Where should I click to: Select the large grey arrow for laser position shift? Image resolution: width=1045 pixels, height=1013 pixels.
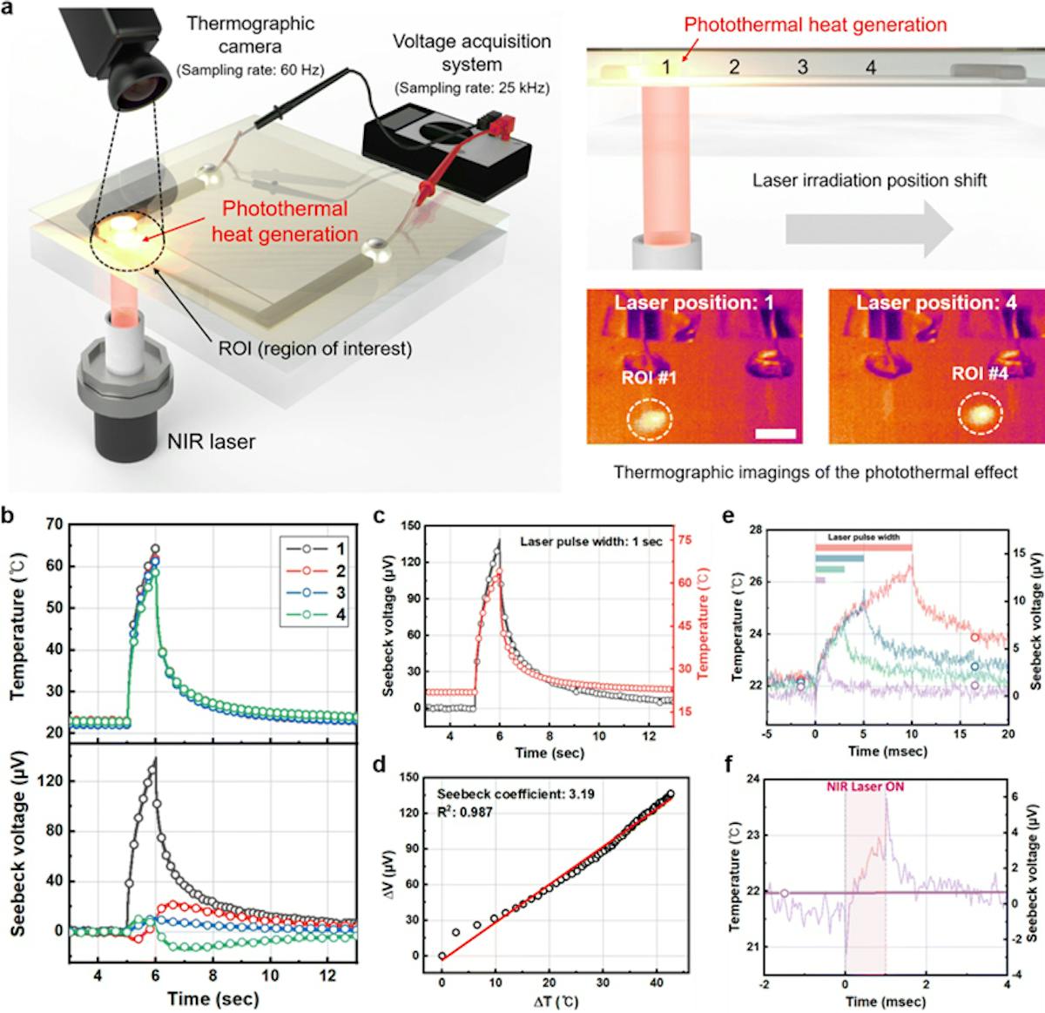coord(867,229)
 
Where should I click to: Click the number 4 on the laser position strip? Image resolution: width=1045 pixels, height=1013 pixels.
coord(869,67)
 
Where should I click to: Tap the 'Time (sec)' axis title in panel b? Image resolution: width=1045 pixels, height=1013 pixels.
coord(214,997)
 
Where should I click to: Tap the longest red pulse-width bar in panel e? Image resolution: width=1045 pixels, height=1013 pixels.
coord(864,547)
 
